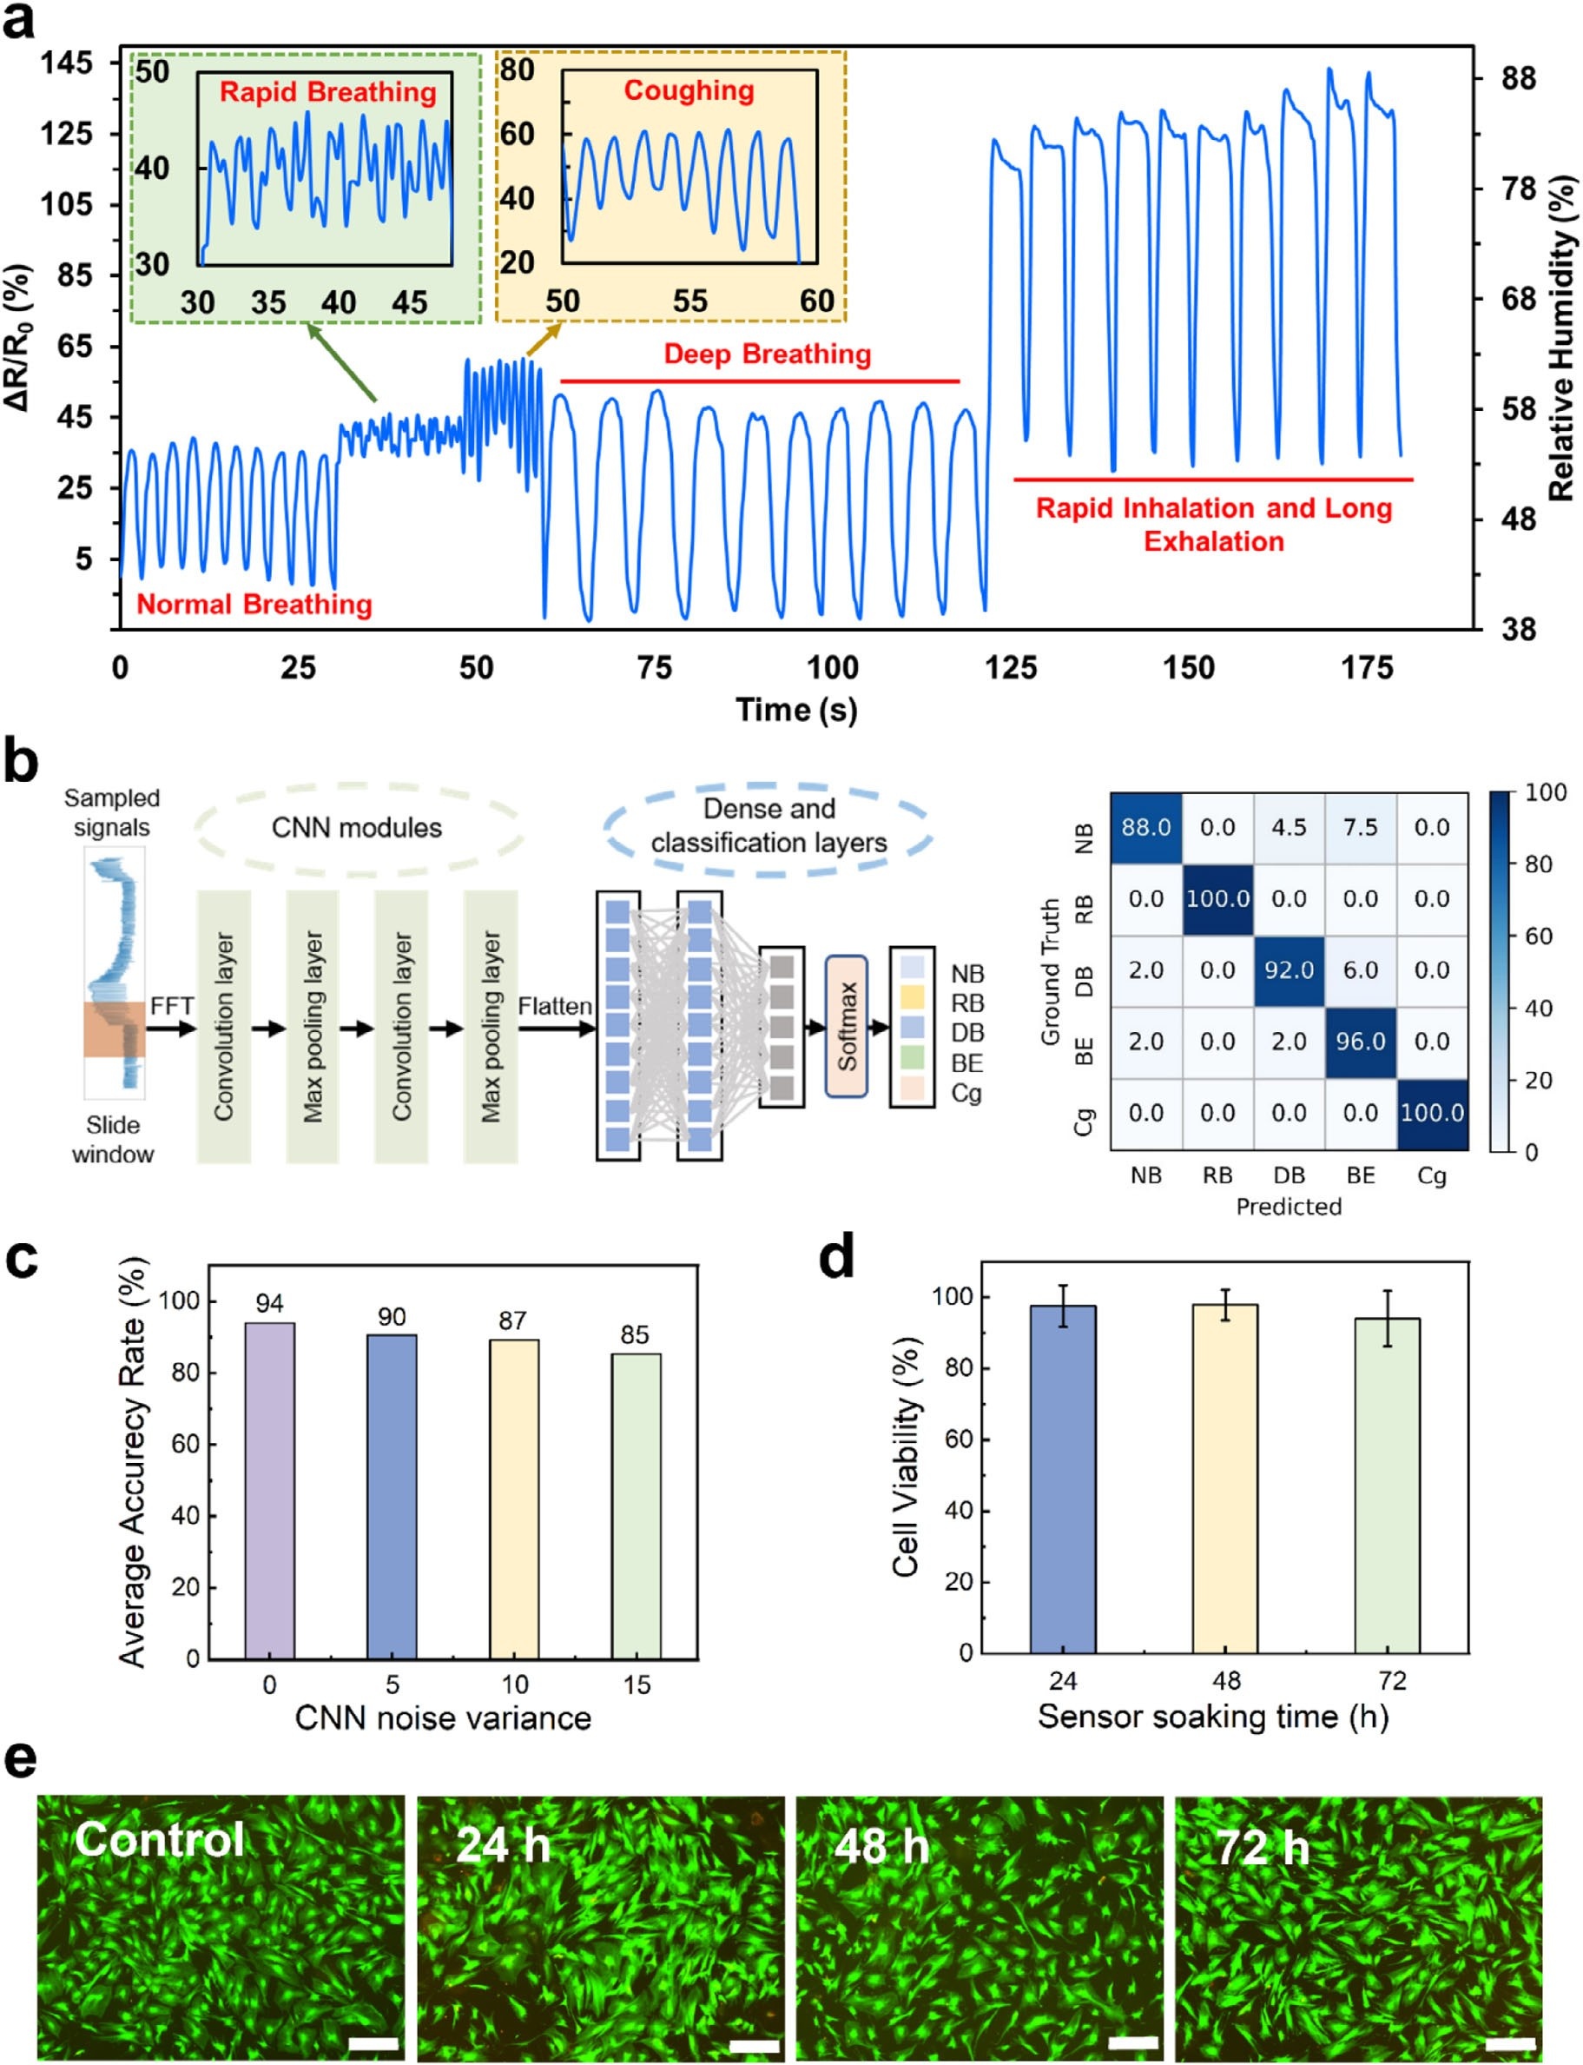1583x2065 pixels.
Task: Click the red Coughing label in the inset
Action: pos(689,90)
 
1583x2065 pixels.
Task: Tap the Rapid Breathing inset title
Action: pos(327,92)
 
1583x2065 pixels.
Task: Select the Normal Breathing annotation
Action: pos(254,604)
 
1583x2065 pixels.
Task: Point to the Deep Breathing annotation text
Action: pos(767,354)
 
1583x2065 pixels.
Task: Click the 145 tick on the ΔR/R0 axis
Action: pos(67,63)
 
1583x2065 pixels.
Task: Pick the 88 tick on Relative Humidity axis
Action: pos(1518,78)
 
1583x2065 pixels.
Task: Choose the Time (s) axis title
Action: pos(796,710)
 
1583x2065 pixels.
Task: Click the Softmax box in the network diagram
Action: pos(846,1026)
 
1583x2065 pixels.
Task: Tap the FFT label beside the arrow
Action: pos(171,1007)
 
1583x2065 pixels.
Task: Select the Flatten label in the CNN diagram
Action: pos(554,1007)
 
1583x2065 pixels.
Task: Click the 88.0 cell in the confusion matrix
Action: pos(1146,828)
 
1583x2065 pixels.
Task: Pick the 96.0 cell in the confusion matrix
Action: pos(1361,1042)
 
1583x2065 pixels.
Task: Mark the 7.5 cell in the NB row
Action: pos(1361,828)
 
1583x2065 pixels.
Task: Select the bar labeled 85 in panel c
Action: pos(636,1506)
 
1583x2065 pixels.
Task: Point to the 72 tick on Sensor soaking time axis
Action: pos(1392,1680)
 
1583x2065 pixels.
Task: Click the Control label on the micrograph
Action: pos(160,1839)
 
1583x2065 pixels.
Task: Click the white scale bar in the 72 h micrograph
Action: pos(1512,2044)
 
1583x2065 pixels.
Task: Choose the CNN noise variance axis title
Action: pos(443,1718)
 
